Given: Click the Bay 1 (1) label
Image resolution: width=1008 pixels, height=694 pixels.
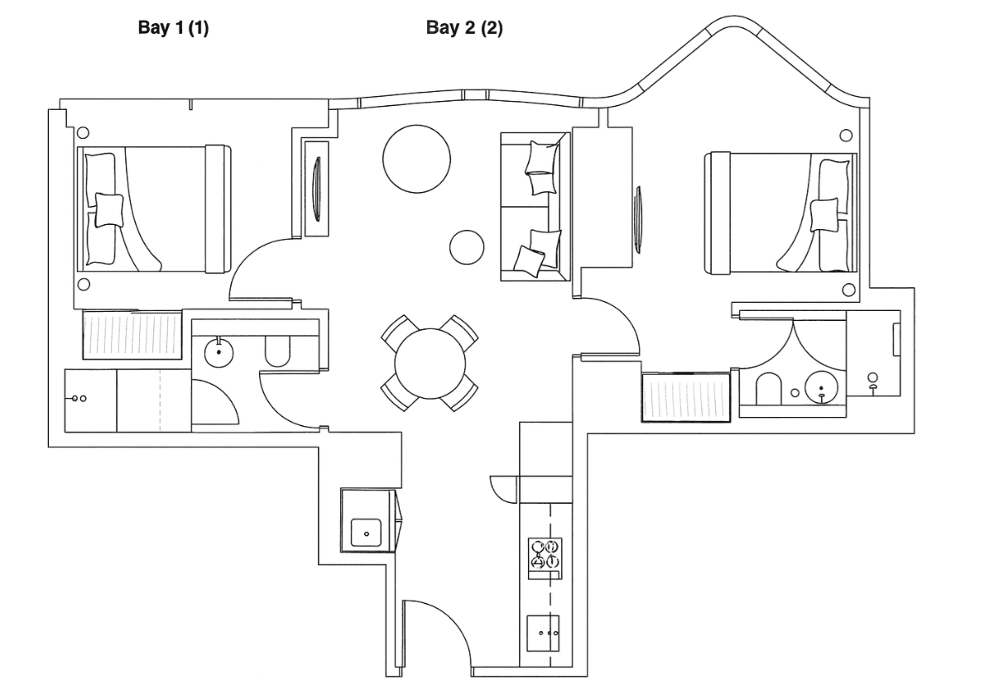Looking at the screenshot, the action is coord(173,28).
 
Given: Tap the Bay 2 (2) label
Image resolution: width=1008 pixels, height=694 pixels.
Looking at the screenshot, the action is coord(464,28).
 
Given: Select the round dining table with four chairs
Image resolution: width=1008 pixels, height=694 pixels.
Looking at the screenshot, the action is coord(430,363).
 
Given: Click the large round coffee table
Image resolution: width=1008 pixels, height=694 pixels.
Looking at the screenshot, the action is coord(416,159).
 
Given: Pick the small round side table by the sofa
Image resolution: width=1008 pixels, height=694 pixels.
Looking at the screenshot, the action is coord(467,247).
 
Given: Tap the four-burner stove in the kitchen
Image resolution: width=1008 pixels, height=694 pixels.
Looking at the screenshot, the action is coord(545,558).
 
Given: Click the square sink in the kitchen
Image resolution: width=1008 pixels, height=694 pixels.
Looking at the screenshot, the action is coord(366,533).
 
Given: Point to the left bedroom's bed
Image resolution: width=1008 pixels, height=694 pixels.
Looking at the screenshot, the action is coord(154,208).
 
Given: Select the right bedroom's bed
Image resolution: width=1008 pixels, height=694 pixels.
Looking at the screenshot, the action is coord(780,213).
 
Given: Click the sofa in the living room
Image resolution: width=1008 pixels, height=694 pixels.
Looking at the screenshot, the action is coord(535,207).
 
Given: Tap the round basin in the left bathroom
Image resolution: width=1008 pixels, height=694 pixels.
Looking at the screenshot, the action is coord(219,352).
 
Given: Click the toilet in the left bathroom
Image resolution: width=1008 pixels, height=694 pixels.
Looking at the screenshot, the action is coord(277,352).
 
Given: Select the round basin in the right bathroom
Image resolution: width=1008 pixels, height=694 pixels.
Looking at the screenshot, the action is coord(821,387).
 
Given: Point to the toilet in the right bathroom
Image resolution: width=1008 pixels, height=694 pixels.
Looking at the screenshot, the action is coord(769,389).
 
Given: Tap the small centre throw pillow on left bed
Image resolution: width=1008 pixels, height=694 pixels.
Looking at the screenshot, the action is coord(109,210).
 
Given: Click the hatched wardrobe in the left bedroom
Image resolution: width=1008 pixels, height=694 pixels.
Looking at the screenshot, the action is coord(132,334).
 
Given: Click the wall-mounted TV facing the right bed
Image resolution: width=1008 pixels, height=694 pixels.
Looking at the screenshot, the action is coord(638,219).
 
